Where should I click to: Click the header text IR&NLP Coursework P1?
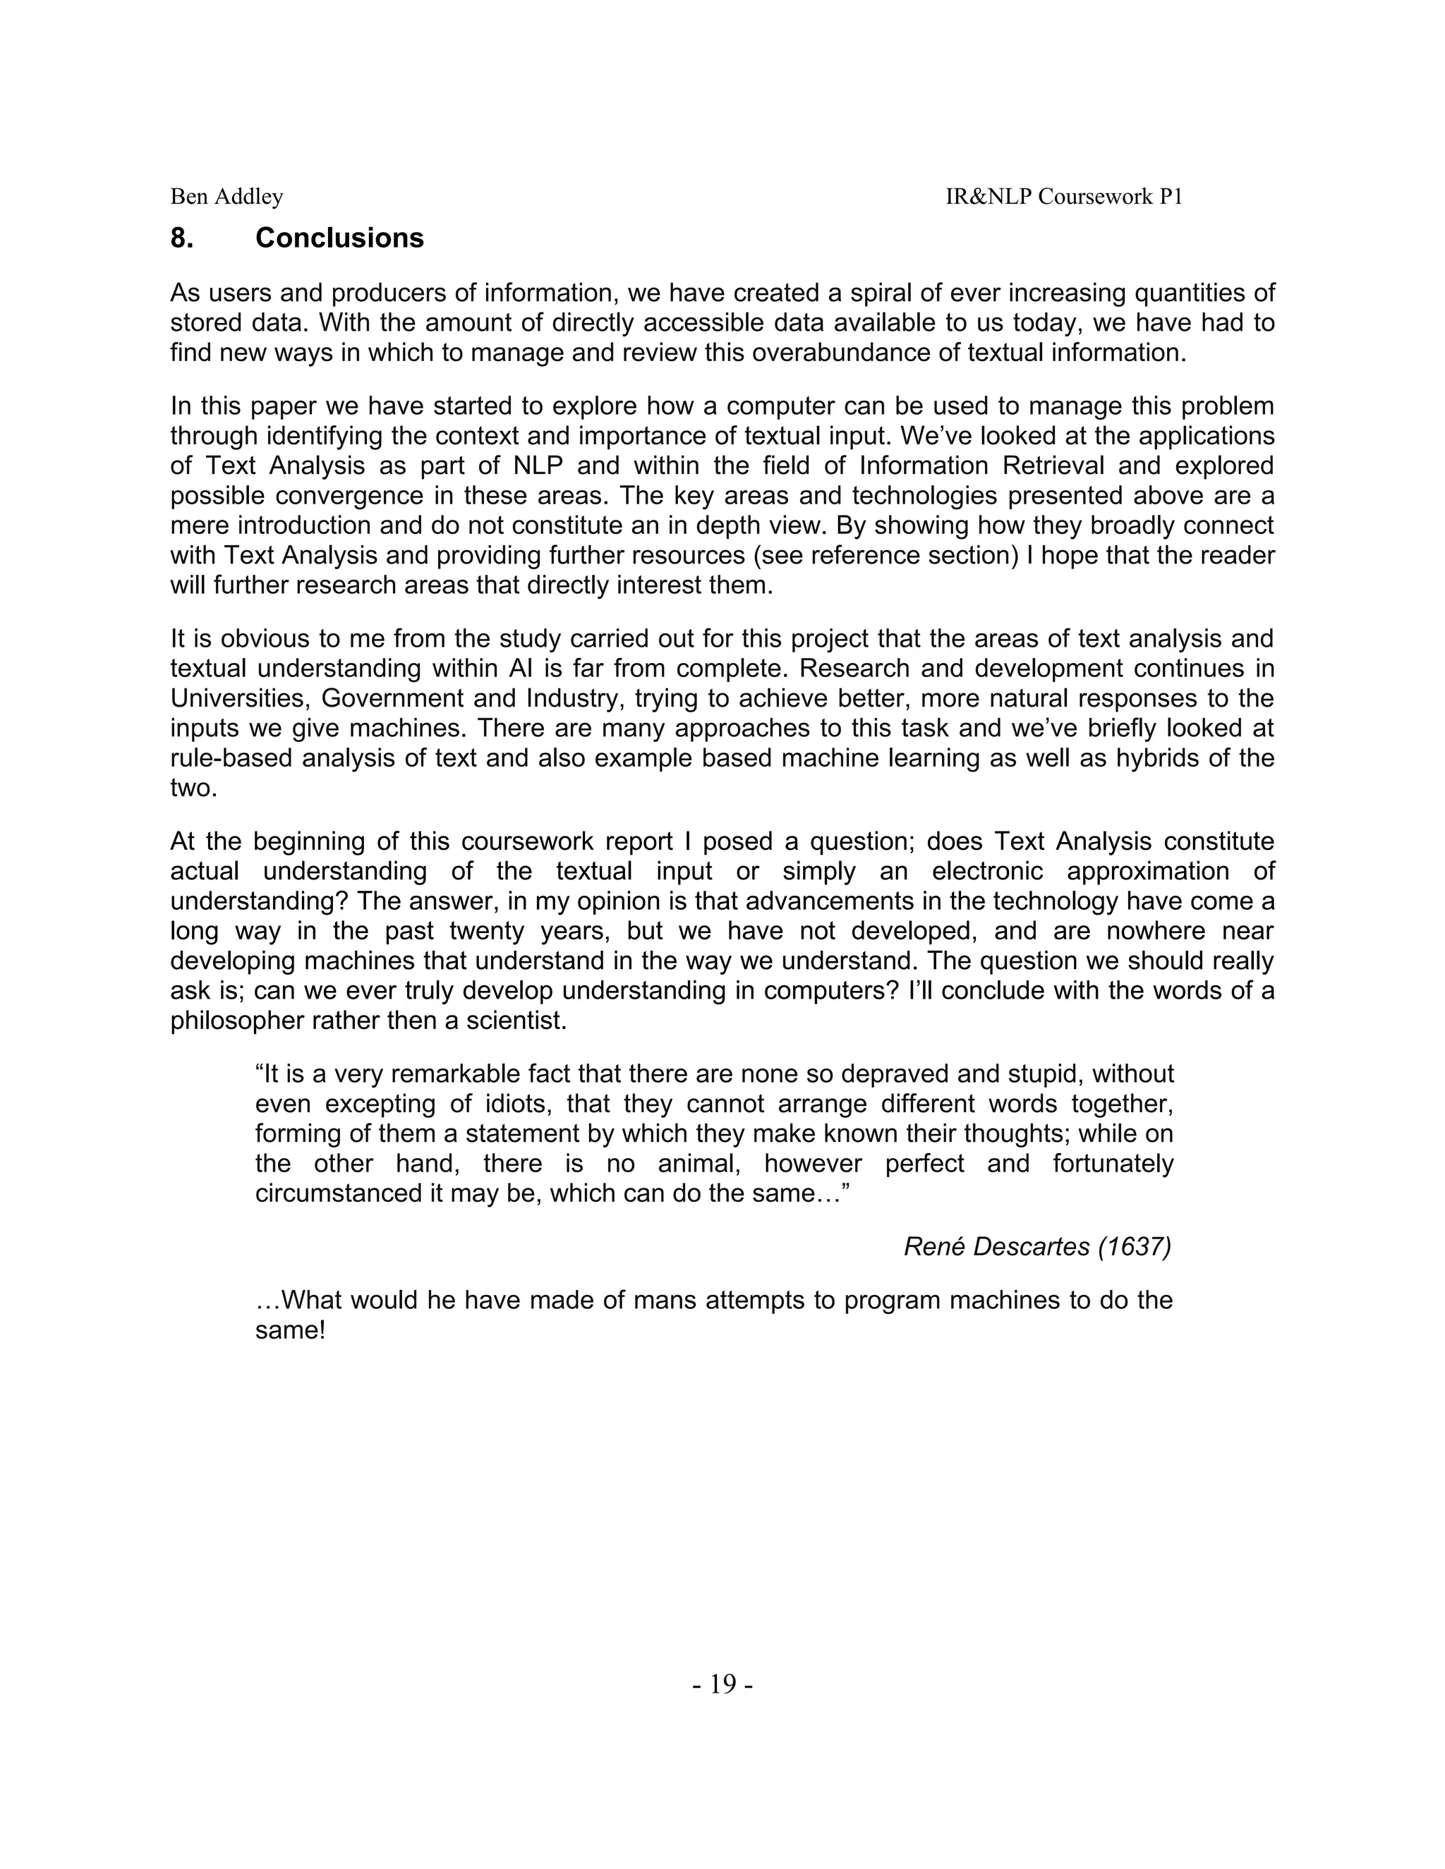[1063, 197]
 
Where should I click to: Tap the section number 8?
[181, 238]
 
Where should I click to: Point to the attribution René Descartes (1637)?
[1036, 1247]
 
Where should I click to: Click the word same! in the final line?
[289, 1331]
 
